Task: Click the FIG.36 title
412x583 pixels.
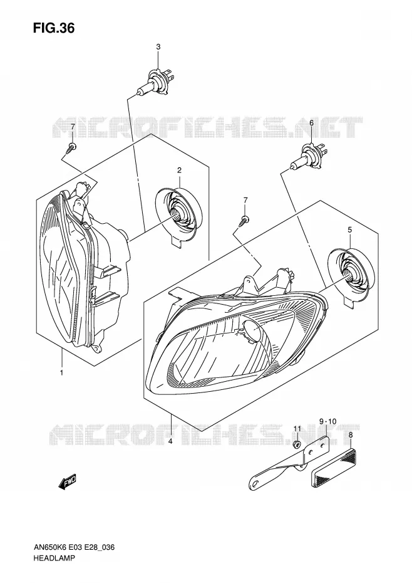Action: click(x=53, y=28)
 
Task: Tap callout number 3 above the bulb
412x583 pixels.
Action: click(x=158, y=47)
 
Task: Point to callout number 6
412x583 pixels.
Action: click(x=311, y=122)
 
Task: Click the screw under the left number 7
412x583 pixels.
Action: click(x=72, y=147)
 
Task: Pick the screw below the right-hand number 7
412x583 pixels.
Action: click(x=244, y=220)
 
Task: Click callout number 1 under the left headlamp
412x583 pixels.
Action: click(x=61, y=372)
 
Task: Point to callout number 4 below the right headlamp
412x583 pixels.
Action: click(x=170, y=441)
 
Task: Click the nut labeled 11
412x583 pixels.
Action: click(x=296, y=444)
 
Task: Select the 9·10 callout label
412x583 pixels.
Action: click(x=327, y=421)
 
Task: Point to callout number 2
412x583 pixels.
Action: click(x=179, y=171)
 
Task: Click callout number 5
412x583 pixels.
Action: click(x=349, y=230)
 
